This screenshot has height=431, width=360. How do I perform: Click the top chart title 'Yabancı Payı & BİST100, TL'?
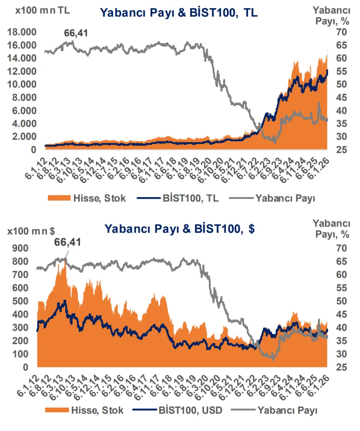(x=179, y=13)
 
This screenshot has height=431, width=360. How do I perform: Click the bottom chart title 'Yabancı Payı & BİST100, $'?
(x=180, y=229)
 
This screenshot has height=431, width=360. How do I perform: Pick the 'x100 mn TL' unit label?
(x=42, y=10)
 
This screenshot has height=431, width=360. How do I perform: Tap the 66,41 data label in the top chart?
(x=76, y=33)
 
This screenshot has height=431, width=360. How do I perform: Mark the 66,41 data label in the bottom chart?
(x=67, y=242)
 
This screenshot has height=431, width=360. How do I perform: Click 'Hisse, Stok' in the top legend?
(x=99, y=198)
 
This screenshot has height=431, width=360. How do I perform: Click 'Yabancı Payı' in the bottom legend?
(x=288, y=410)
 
